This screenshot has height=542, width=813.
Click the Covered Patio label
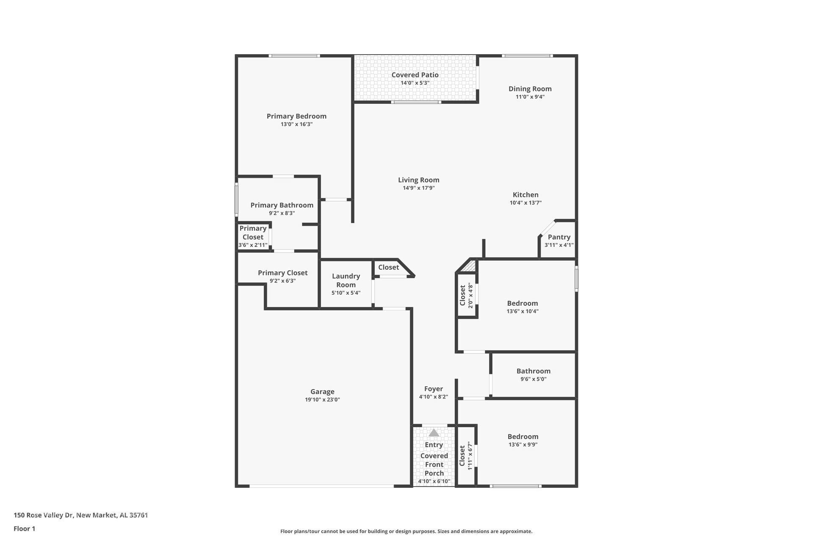[415, 75]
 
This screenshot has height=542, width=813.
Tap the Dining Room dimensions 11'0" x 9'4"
[530, 97]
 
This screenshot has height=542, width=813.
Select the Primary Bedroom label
[296, 116]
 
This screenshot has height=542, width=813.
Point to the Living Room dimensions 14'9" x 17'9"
[418, 188]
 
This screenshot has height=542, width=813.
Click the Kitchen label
[525, 195]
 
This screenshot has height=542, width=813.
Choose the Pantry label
[559, 237]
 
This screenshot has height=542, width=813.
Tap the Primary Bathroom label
[282, 205]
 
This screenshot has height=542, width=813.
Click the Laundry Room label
[346, 280]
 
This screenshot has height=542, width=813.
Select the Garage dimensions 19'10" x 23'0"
[322, 400]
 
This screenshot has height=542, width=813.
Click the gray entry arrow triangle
[434, 433]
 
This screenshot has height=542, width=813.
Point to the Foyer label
[433, 389]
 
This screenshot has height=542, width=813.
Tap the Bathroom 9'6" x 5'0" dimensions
[533, 379]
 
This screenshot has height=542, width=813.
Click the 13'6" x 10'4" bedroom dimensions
[523, 311]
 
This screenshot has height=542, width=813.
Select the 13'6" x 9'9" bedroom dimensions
[523, 445]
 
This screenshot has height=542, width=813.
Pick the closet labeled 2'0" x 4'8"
[466, 296]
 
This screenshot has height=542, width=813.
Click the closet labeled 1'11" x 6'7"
[466, 456]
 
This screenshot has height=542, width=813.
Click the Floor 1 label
[24, 528]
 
